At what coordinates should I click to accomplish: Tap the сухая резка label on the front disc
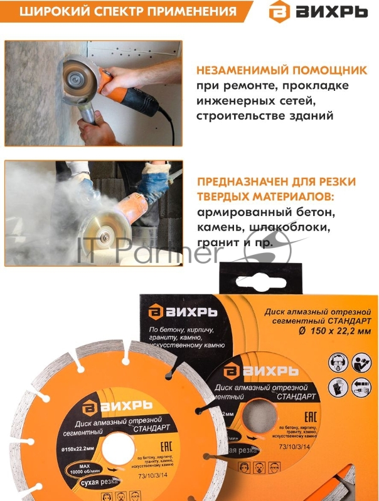coord(92,483)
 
